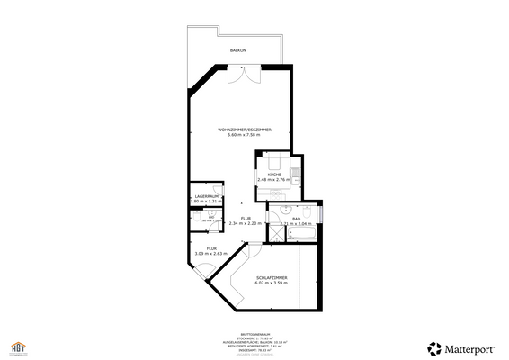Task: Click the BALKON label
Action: pyautogui.click(x=238, y=51)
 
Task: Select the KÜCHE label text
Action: pyautogui.click(x=274, y=174)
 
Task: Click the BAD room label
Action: pyautogui.click(x=296, y=219)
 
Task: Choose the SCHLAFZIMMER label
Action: pyautogui.click(x=272, y=277)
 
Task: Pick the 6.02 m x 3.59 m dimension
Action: pyautogui.click(x=272, y=283)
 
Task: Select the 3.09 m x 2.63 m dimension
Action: pyautogui.click(x=212, y=254)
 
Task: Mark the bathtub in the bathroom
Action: pyautogui.click(x=301, y=233)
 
